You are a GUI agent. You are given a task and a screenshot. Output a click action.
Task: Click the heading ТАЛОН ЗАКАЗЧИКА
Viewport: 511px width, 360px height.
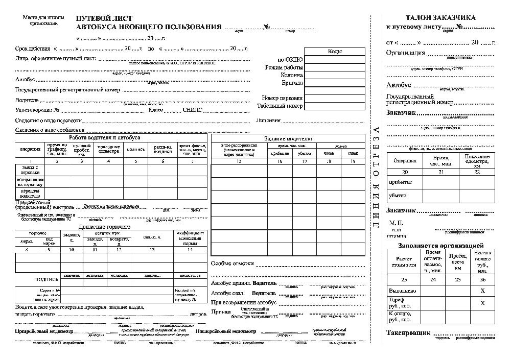pyautogui.click(x=440, y=17)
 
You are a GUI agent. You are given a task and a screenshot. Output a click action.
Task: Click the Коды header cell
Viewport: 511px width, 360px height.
pyautogui.click(x=335, y=51)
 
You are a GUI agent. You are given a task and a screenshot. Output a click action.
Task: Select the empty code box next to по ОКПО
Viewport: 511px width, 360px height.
pyautogui.click(x=335, y=59)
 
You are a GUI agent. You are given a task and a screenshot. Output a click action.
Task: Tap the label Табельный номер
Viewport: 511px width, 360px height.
pyautogui.click(x=280, y=106)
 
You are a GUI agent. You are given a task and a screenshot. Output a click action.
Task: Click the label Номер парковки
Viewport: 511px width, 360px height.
pyautogui.click(x=282, y=98)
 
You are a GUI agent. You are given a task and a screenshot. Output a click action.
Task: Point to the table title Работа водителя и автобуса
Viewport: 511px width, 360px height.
pyautogui.click(x=105, y=138)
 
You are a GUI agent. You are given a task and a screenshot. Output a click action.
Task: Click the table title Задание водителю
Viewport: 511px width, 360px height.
pyautogui.click(x=288, y=138)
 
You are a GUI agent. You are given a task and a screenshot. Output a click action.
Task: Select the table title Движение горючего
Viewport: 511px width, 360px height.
pyautogui.click(x=105, y=227)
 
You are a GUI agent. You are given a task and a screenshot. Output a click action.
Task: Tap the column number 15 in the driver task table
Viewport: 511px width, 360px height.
pyautogui.click(x=239, y=161)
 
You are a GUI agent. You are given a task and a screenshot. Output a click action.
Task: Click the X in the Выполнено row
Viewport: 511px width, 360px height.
pyautogui.click(x=482, y=290)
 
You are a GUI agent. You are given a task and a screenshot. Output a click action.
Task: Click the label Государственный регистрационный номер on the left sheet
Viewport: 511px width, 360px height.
pyautogui.click(x=67, y=90)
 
